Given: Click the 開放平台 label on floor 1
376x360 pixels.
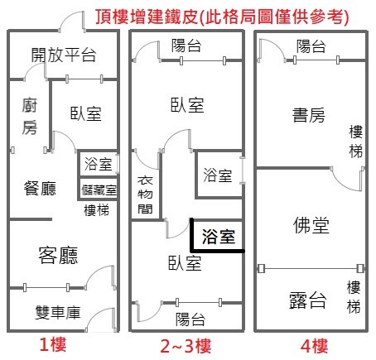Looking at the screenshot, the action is coord(64,55).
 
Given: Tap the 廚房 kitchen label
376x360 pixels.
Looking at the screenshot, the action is coord(30,116).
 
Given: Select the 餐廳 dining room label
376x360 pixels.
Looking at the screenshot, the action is coord(40,189).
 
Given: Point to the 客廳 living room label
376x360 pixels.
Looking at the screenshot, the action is coord(58,255).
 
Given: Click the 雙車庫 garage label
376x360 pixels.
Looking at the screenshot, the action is coord(58,312).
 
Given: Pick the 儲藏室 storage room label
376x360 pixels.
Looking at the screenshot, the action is coord(99,190).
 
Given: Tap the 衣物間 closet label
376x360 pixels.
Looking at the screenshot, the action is coord(145,195).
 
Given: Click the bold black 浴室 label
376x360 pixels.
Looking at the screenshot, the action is coord(219,237).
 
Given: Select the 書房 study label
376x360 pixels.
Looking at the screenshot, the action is coord(309,115).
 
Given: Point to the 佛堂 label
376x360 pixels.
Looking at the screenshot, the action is coord(311,225).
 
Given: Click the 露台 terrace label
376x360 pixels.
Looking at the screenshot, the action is coord(308,300).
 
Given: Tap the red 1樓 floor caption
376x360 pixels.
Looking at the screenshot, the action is coord(53,345).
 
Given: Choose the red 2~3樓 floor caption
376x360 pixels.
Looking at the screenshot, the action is coord(186,346).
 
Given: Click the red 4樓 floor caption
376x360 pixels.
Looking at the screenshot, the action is coord(314,346).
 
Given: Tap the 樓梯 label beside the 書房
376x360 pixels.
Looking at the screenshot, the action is coord(356,142).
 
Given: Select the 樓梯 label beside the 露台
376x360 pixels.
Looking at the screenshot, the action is coord(354,297).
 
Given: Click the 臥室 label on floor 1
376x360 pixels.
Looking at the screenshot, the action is coord(86,113).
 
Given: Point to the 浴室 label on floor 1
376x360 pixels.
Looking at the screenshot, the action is coord(99,165).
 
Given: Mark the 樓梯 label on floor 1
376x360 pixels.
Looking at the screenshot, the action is coord(96,210).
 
